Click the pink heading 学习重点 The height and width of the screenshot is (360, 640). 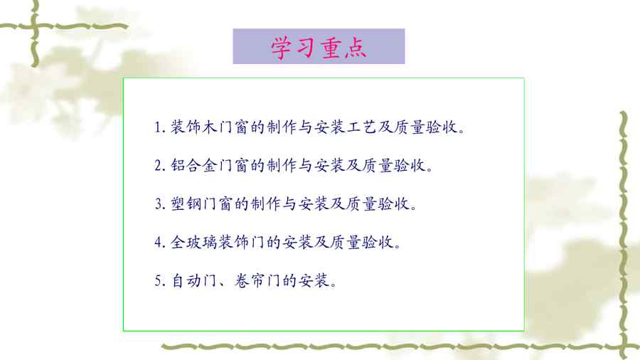(x=319, y=48)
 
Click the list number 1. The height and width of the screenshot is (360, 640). (x=159, y=127)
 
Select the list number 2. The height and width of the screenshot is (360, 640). (x=159, y=165)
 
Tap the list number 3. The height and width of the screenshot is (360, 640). (x=159, y=203)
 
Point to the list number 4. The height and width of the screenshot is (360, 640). (x=159, y=242)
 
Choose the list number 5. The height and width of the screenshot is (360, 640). (x=159, y=280)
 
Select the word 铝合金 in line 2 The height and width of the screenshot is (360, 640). (x=193, y=165)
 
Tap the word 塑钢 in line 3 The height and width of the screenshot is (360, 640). (x=186, y=203)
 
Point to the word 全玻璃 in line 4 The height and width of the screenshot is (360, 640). (x=193, y=242)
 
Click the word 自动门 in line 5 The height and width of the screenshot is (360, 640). (x=193, y=280)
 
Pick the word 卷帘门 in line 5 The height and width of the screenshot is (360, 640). (x=257, y=280)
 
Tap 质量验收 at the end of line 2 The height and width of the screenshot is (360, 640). (x=393, y=165)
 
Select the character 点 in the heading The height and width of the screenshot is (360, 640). (x=355, y=48)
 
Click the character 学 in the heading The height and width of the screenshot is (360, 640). (x=282, y=48)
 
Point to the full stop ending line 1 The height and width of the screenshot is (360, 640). (x=462, y=131)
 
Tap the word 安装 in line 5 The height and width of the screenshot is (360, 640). (x=313, y=280)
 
